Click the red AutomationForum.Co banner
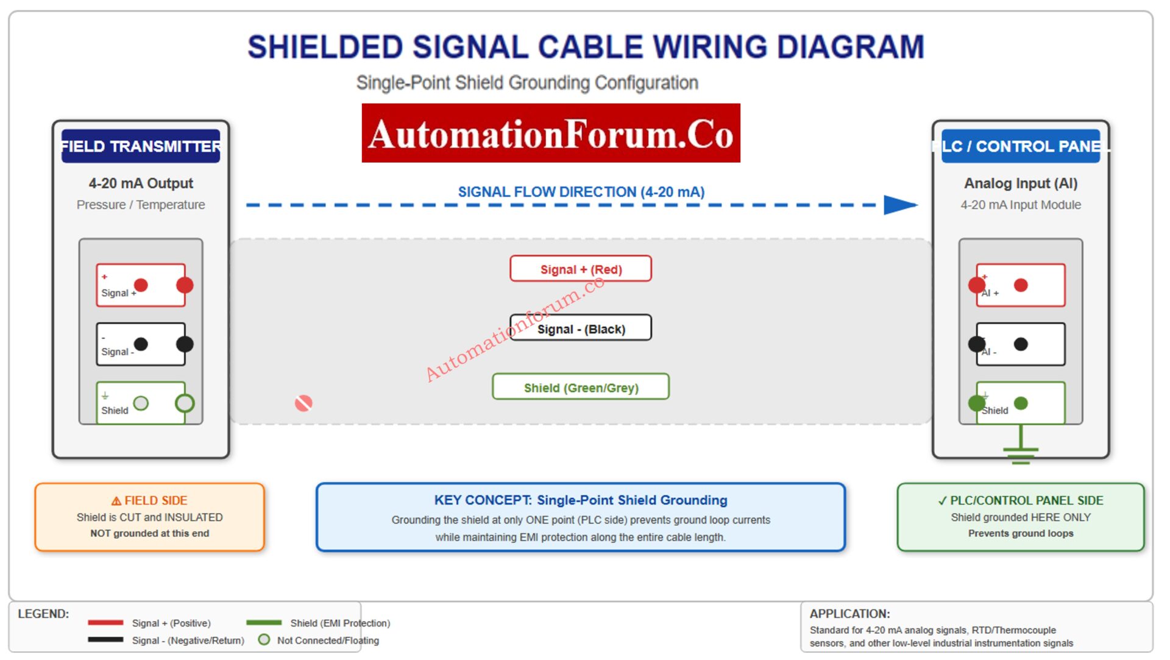(x=550, y=133)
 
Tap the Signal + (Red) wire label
(x=580, y=269)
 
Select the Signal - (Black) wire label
(x=580, y=328)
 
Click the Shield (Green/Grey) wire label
(x=580, y=387)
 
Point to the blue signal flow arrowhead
(x=900, y=205)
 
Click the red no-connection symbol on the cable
(x=303, y=403)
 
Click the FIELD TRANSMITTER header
(x=141, y=146)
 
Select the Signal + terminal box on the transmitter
(x=141, y=285)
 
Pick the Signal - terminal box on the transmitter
(x=141, y=344)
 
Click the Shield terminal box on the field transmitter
(x=141, y=403)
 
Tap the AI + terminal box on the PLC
(x=1020, y=285)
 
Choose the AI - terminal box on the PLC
(x=1020, y=344)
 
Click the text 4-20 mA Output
(x=141, y=183)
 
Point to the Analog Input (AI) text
(x=1020, y=183)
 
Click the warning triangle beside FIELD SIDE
(x=116, y=501)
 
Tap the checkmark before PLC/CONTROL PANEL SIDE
(x=942, y=501)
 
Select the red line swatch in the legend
(x=105, y=622)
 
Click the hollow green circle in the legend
(x=264, y=639)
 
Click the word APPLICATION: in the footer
(x=849, y=614)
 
